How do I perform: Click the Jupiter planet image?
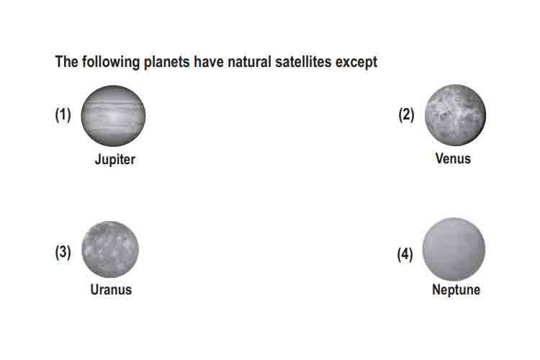click(113, 116)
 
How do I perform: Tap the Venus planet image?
click(455, 114)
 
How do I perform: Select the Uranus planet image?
click(110, 249)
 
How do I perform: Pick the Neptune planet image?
click(454, 249)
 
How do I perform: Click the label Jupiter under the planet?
click(115, 160)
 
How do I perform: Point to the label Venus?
click(453, 158)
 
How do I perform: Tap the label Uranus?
click(111, 289)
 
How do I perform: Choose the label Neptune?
click(456, 289)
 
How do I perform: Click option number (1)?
click(63, 114)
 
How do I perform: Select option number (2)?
click(406, 114)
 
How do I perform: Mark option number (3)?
click(63, 252)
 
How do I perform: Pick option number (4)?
click(405, 255)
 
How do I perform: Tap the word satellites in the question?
click(303, 62)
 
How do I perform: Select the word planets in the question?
click(167, 63)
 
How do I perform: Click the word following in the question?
click(111, 63)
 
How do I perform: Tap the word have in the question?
click(209, 62)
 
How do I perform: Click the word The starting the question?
click(66, 62)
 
